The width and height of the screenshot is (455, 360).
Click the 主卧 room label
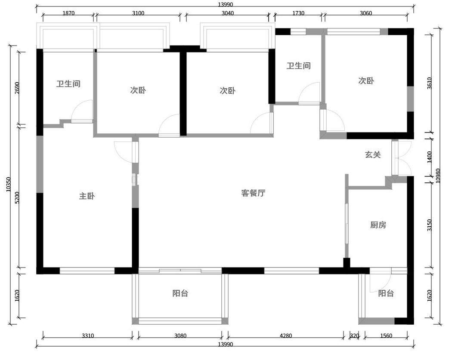coord(87,196)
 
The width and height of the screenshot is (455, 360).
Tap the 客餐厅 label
coord(253,193)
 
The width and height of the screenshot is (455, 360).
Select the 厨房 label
coord(378,225)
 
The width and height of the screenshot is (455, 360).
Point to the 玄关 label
coord(373,154)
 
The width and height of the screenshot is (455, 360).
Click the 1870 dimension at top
coord(68,13)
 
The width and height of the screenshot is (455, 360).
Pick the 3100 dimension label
coord(138,13)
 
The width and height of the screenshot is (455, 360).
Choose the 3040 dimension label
coord(227,13)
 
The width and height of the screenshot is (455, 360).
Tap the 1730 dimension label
coord(298,13)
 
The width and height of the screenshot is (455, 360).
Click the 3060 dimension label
coord(365,13)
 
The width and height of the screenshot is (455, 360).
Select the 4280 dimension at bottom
coord(285,335)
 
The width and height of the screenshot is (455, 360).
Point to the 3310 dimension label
coord(88,335)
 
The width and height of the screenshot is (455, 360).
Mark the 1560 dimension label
coord(386,335)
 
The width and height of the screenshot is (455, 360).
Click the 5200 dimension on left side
coord(17,197)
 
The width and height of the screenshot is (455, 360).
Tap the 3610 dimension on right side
coord(430,83)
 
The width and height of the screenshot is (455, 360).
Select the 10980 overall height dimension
coord(438,175)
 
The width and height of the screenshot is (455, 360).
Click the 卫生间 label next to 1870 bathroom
coord(68,84)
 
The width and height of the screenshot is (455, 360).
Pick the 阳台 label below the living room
coord(180,293)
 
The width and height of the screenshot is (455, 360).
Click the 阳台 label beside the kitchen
coord(386,293)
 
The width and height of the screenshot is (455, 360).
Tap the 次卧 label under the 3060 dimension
coord(366,80)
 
